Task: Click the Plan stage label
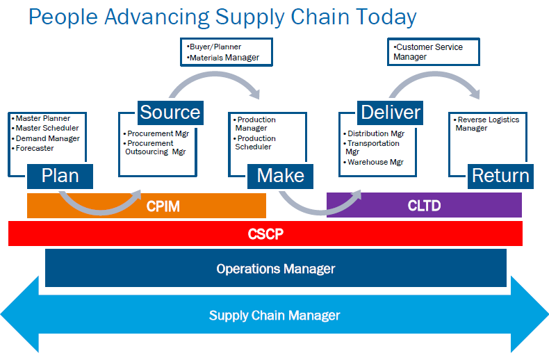60,175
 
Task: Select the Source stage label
170,112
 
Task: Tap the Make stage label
281,175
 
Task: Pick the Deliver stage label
391,112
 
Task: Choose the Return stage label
500,175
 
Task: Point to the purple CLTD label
423,206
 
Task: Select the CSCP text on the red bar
265,234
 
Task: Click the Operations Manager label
275,269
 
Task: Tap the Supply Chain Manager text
274,316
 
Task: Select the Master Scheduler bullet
47,128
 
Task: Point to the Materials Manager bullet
224,58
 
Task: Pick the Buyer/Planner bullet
215,47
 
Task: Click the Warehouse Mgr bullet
375,162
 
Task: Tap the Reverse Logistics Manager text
487,124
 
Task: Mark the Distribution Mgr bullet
375,133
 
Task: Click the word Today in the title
382,17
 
